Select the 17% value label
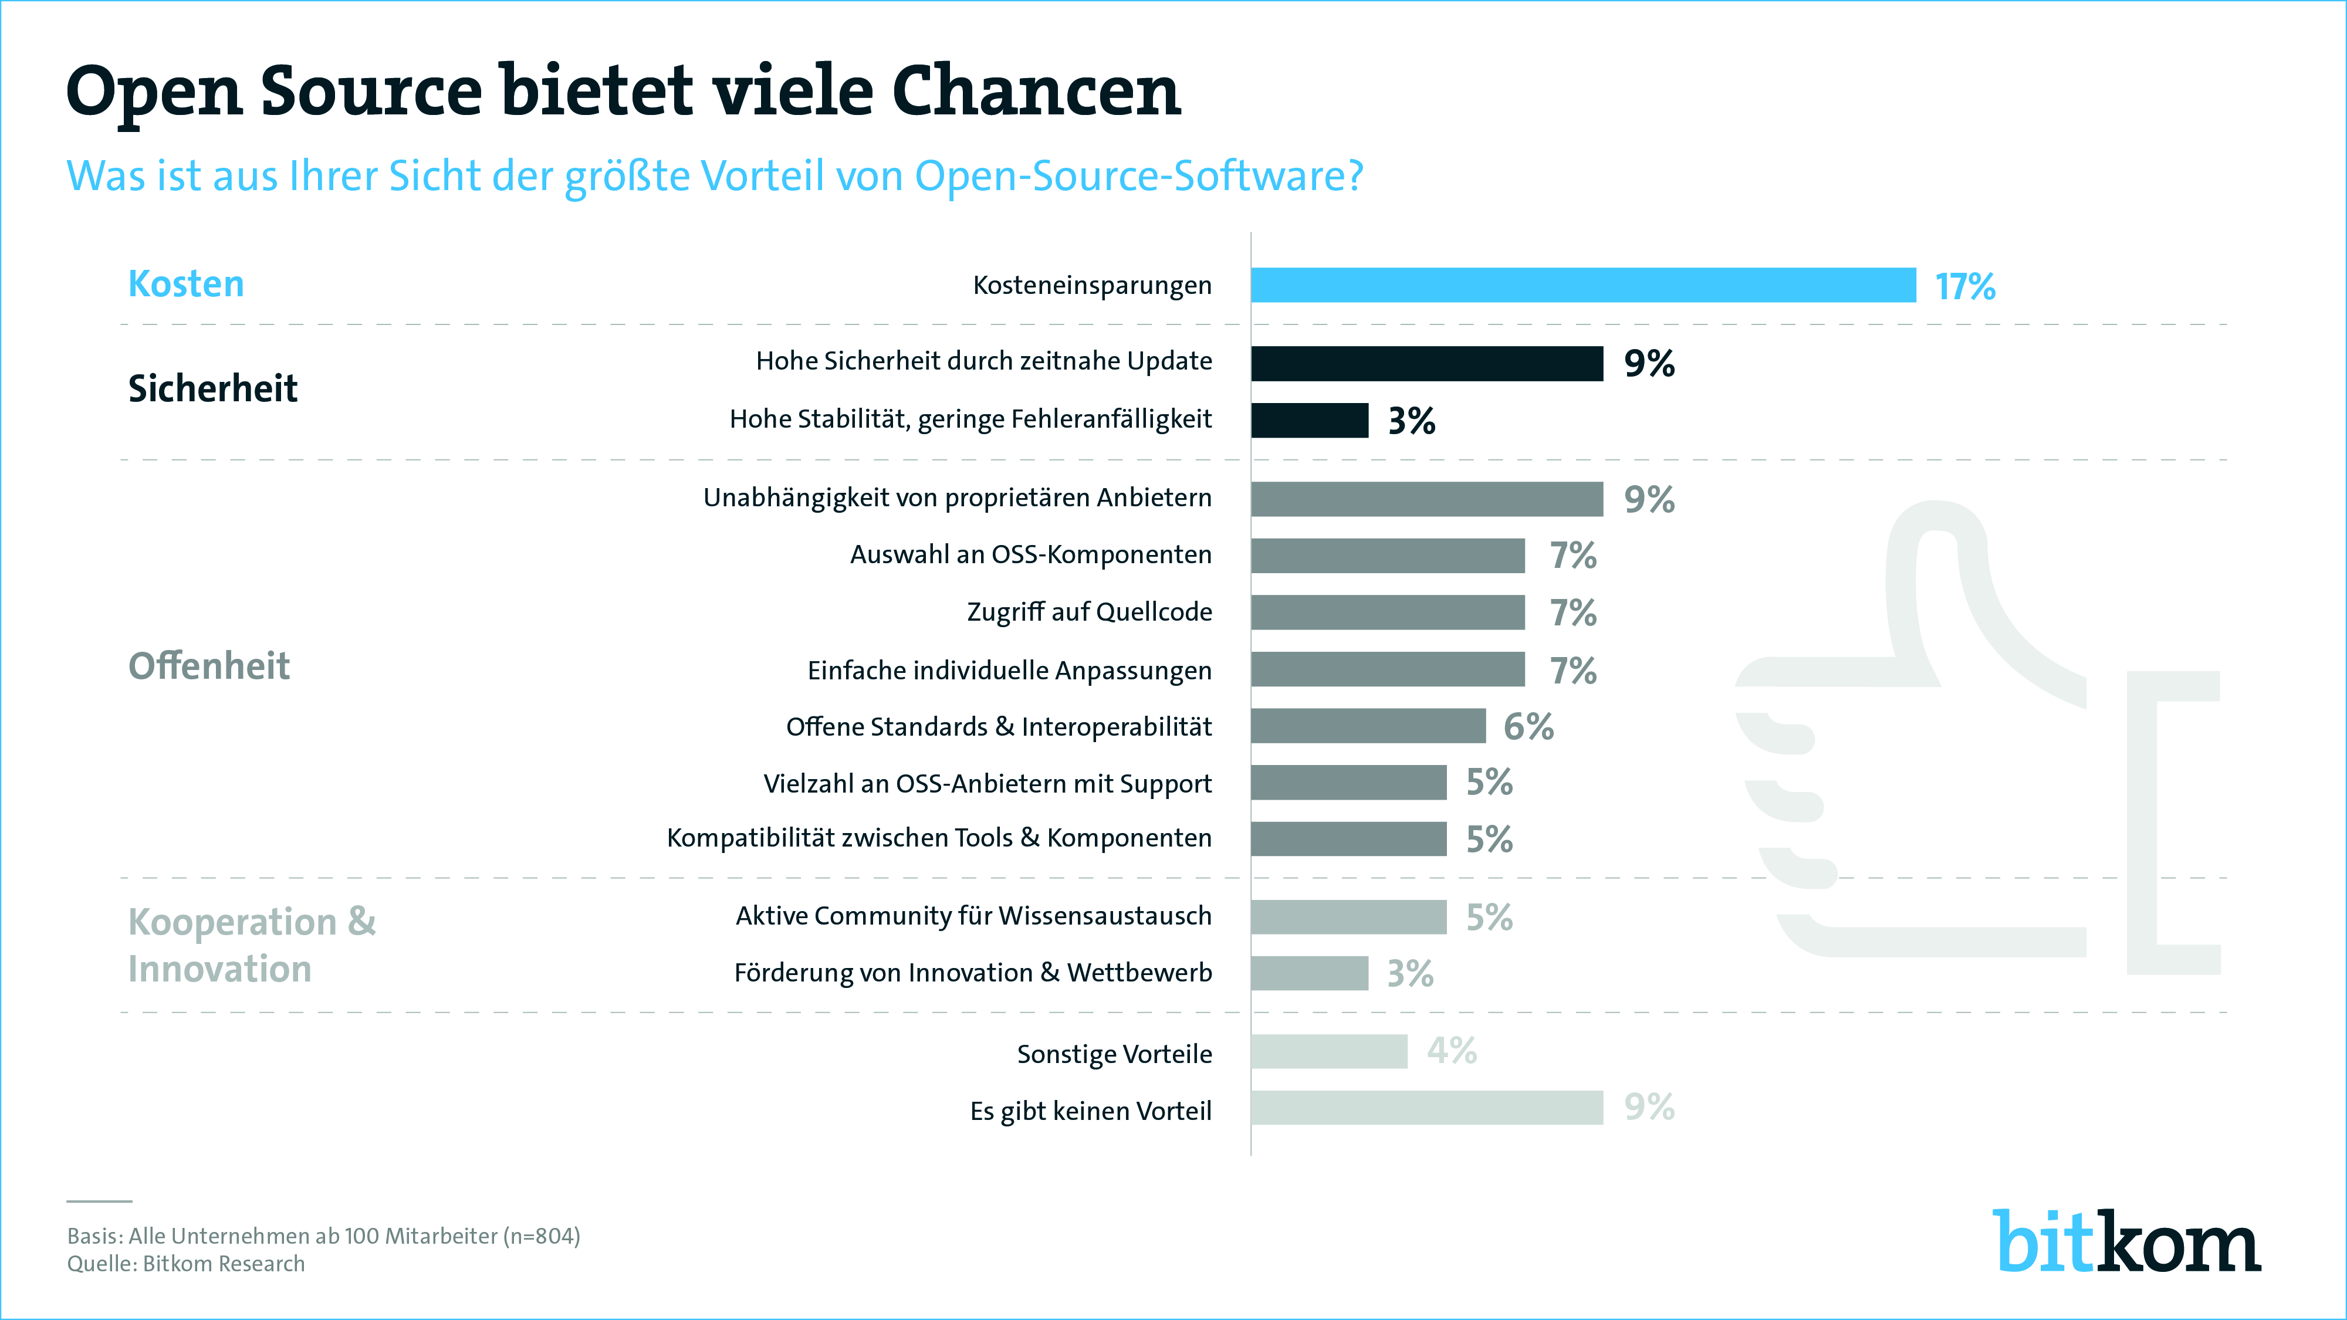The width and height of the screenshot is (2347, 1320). (x=1965, y=287)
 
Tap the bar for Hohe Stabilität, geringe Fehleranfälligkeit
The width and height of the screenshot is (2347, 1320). (x=1309, y=420)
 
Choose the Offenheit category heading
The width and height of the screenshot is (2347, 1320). (x=209, y=666)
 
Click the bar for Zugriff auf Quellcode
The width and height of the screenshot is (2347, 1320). (x=1386, y=612)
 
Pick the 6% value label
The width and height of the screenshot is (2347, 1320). (x=1528, y=727)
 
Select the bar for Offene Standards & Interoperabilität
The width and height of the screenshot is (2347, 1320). (x=1368, y=726)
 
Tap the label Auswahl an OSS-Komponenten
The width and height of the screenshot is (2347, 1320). (x=1030, y=555)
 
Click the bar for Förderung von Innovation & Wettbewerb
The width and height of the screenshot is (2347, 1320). (x=1309, y=973)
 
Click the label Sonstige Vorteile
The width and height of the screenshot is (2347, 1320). (x=1114, y=1054)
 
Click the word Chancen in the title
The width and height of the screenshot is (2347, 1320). (x=1036, y=93)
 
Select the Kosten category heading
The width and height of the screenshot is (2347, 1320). (x=186, y=284)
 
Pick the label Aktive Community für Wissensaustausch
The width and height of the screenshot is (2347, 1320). (x=973, y=916)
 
